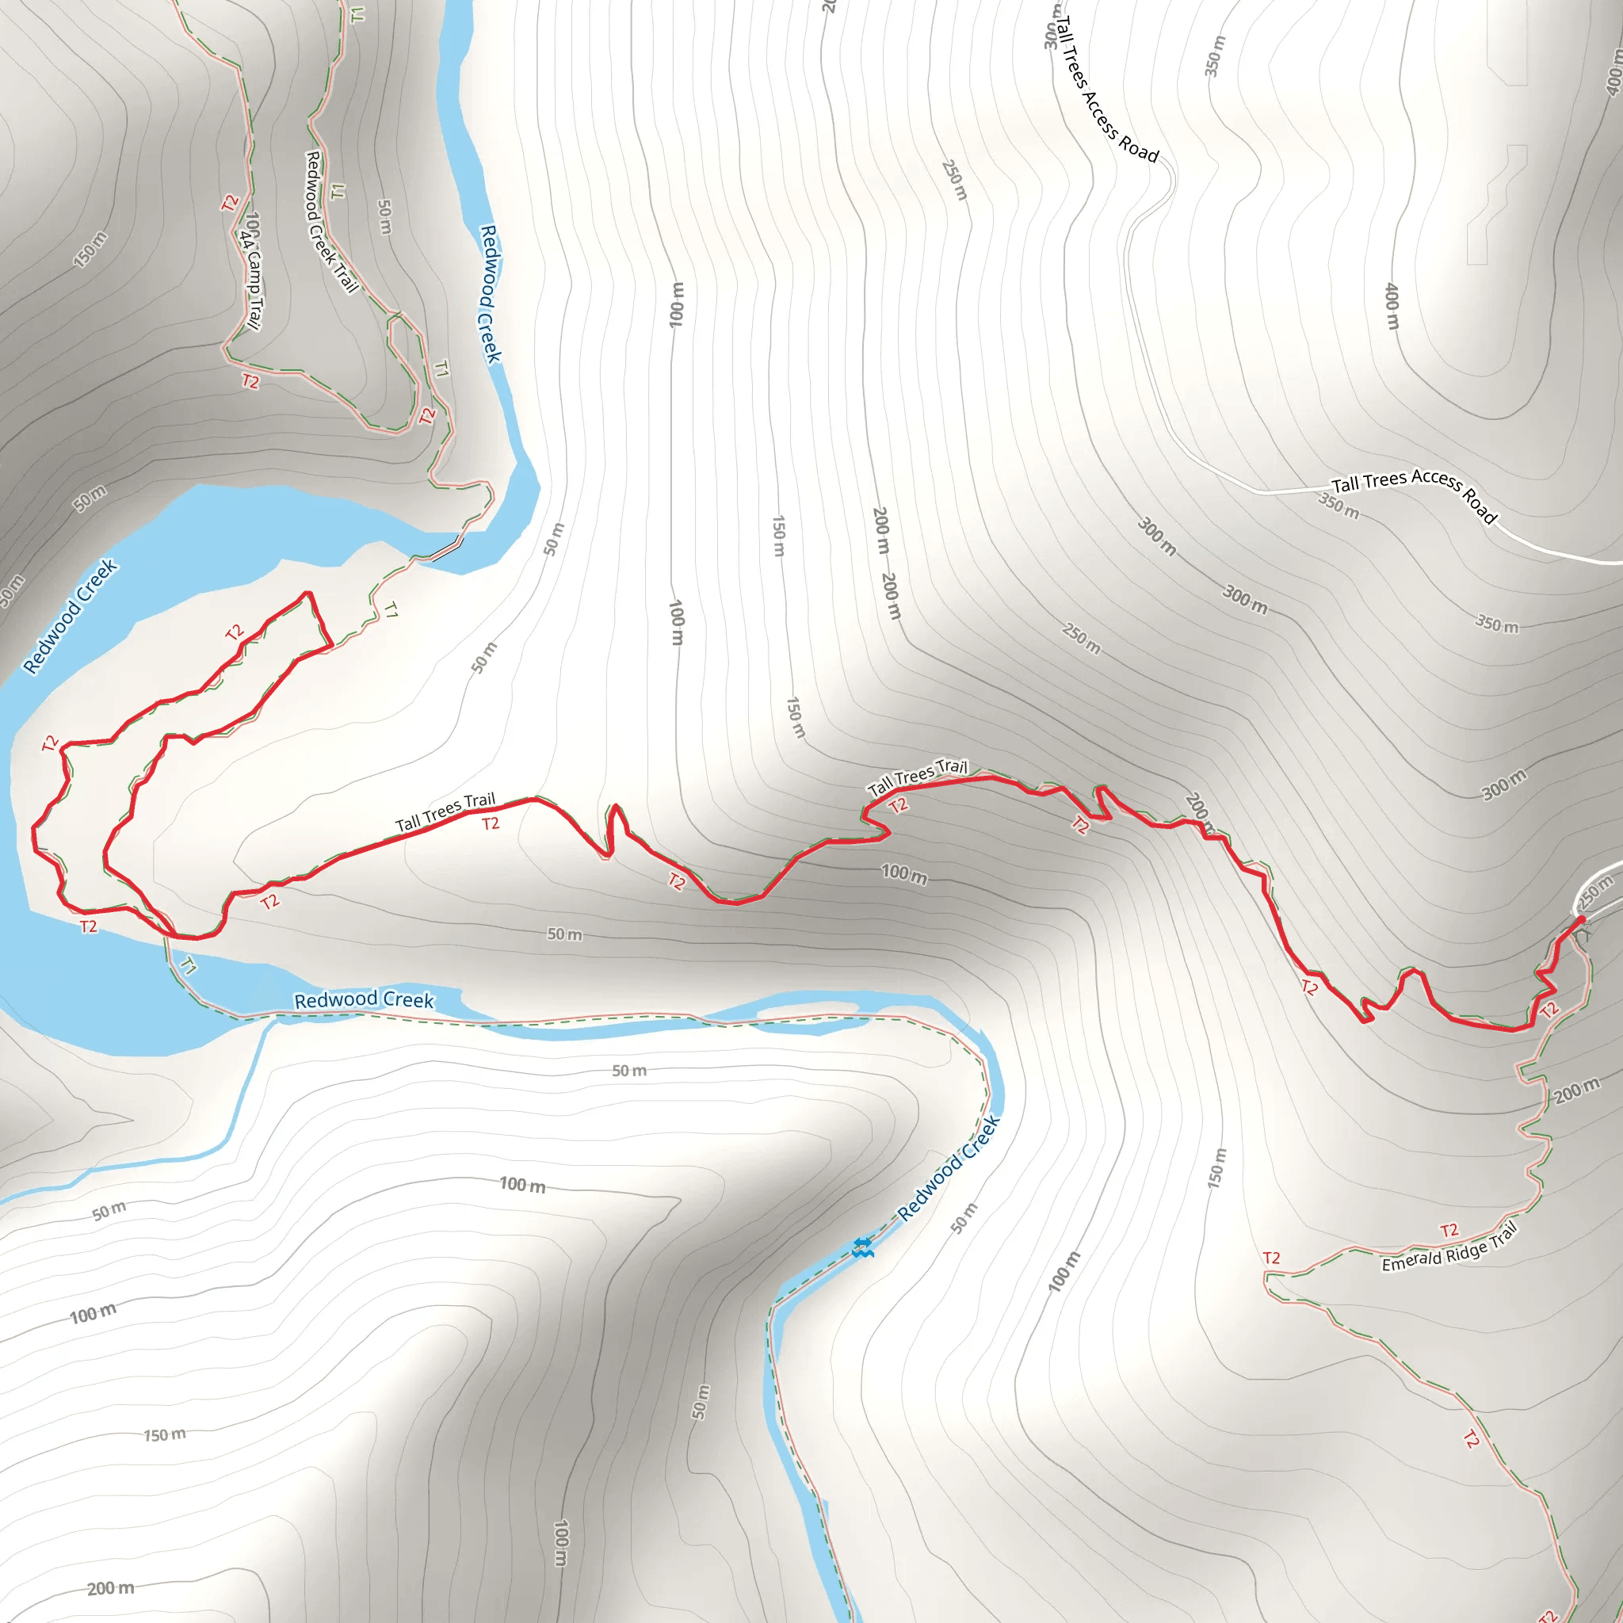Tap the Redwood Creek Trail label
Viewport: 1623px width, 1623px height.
click(x=330, y=222)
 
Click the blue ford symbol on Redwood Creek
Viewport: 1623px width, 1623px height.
click(x=862, y=1247)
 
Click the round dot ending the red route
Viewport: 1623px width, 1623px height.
click(x=1581, y=920)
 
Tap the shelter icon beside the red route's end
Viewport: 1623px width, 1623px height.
click(x=1583, y=933)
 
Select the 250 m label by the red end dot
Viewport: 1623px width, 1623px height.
click(x=1594, y=892)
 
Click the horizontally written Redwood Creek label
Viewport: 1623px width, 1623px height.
click(x=364, y=999)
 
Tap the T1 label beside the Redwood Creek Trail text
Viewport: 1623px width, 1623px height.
click(x=338, y=192)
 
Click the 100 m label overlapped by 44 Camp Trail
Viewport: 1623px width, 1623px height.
click(x=252, y=225)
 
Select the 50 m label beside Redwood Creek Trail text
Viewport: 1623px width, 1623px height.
click(x=384, y=216)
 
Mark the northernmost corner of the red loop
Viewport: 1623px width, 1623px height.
click(x=308, y=593)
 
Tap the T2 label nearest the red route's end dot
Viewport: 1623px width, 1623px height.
click(x=1550, y=1010)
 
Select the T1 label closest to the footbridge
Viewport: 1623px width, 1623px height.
click(x=391, y=610)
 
